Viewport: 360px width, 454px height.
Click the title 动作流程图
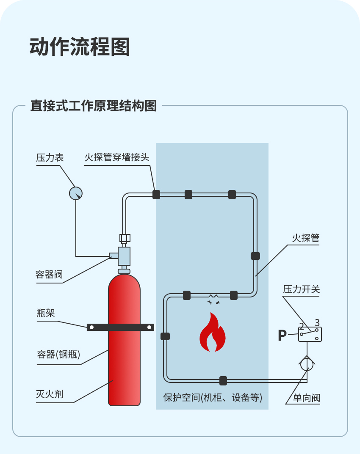pyautogui.click(x=80, y=47)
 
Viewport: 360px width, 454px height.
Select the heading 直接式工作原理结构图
pyautogui.click(x=94, y=106)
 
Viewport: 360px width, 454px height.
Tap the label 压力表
pyautogui.click(x=50, y=158)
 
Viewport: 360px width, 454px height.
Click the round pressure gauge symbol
pyautogui.click(x=76, y=193)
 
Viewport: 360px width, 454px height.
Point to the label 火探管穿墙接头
pyautogui.click(x=117, y=158)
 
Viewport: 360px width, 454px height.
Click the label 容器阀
pyautogui.click(x=49, y=275)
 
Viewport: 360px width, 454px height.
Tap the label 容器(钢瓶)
pyautogui.click(x=58, y=355)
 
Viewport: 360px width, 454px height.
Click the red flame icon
pyautogui.click(x=213, y=333)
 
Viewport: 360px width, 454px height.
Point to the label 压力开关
pyautogui.click(x=302, y=289)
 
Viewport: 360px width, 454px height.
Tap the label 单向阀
pyautogui.click(x=307, y=398)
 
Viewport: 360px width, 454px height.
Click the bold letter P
pyautogui.click(x=282, y=336)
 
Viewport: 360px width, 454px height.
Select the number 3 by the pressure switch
pyautogui.click(x=317, y=323)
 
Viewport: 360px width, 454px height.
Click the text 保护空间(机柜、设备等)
pyautogui.click(x=213, y=397)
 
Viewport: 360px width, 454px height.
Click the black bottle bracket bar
pyautogui.click(x=120, y=327)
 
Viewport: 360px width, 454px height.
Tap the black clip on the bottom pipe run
pyautogui.click(x=223, y=380)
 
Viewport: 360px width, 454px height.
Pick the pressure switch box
pyautogui.click(x=310, y=334)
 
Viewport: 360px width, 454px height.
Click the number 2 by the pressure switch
pyautogui.click(x=302, y=326)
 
